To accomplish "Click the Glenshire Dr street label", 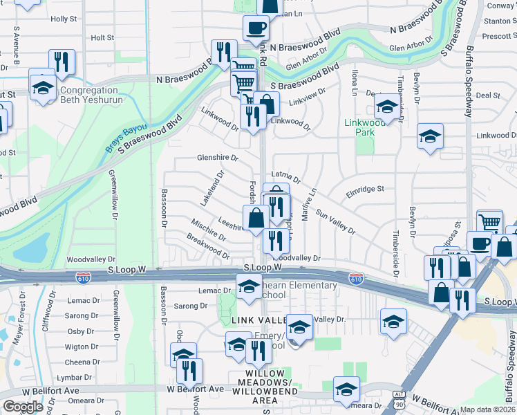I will coord(218,158).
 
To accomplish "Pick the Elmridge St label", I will coord(365,188).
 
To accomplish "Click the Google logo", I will coord(23,407).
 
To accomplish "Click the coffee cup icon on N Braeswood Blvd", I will coord(256,28).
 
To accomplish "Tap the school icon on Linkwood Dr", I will coord(430,136).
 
